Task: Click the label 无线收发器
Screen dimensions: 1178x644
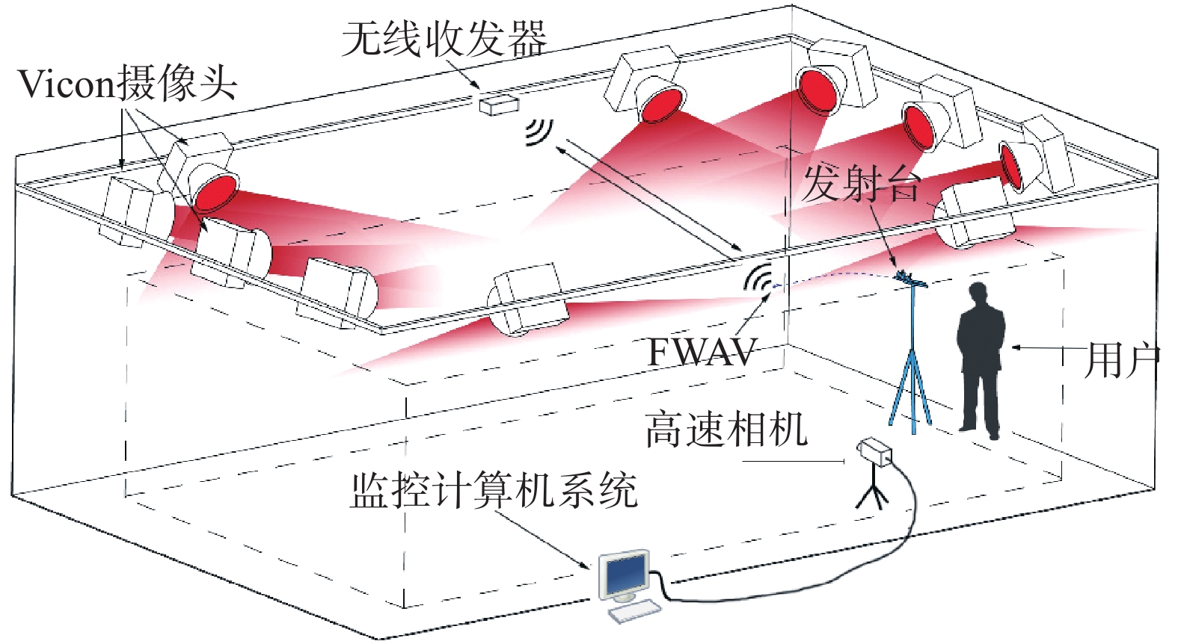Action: coord(444,40)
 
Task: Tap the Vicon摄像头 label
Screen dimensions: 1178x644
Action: coord(128,84)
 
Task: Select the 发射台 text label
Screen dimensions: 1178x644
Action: coord(861,185)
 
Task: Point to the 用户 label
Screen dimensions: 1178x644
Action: coord(1121,361)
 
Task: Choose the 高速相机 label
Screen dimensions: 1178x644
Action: coord(726,429)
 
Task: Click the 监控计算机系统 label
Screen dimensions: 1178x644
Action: coord(494,491)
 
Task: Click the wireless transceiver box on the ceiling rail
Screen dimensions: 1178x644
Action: coord(499,105)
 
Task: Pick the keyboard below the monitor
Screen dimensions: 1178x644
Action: coord(634,613)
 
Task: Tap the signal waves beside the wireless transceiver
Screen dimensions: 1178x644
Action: coord(540,132)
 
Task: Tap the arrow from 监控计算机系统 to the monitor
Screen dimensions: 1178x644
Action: coord(543,540)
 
